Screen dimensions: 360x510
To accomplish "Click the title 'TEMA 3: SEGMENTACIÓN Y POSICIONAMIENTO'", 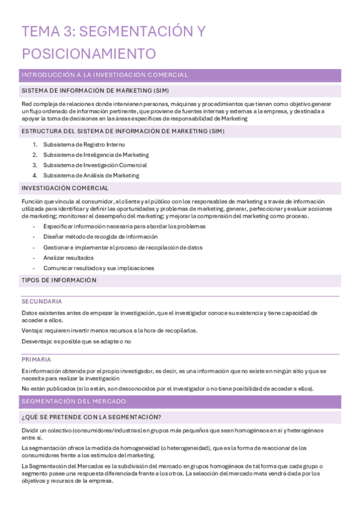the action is pyautogui.click(x=113, y=42).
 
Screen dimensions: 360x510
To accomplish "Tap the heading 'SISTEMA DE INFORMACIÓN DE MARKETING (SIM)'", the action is pyautogui.click(x=95, y=91).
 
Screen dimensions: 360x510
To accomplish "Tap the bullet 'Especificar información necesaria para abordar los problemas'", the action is pyautogui.click(x=124, y=227).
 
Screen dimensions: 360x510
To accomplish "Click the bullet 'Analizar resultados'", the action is pyautogui.click(x=69, y=257).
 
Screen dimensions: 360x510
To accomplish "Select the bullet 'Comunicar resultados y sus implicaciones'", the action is pyautogui.click(x=99, y=268).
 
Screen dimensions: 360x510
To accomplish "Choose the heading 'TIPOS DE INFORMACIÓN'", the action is pyautogui.click(x=59, y=280).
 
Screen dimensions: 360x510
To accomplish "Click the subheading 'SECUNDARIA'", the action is pyautogui.click(x=42, y=301).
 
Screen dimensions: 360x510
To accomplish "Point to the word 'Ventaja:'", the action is pyautogui.click(x=32, y=330).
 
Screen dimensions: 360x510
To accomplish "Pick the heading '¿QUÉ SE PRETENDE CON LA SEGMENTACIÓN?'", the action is pyautogui.click(x=91, y=417).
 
